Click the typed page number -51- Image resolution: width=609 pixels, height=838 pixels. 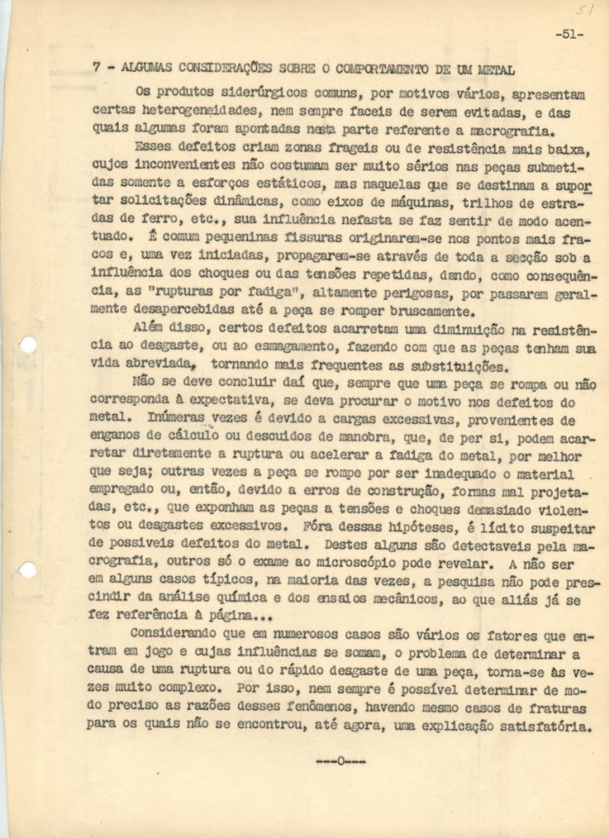click(x=567, y=35)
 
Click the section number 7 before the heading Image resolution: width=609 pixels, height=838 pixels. click(x=97, y=69)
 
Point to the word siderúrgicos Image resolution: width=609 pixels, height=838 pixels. click(x=232, y=92)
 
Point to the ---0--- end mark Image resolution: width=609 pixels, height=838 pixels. click(x=341, y=761)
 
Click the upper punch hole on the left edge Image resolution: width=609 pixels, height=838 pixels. click(x=27, y=345)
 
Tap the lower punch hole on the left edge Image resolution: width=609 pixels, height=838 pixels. click(x=27, y=570)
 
